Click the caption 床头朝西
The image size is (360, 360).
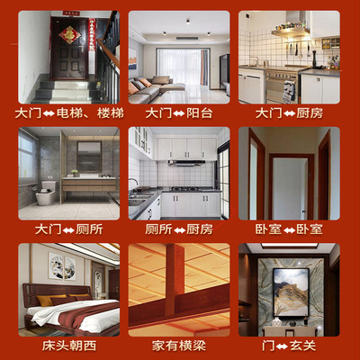coord(67,345)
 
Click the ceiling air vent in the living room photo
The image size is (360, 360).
coord(185,40)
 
